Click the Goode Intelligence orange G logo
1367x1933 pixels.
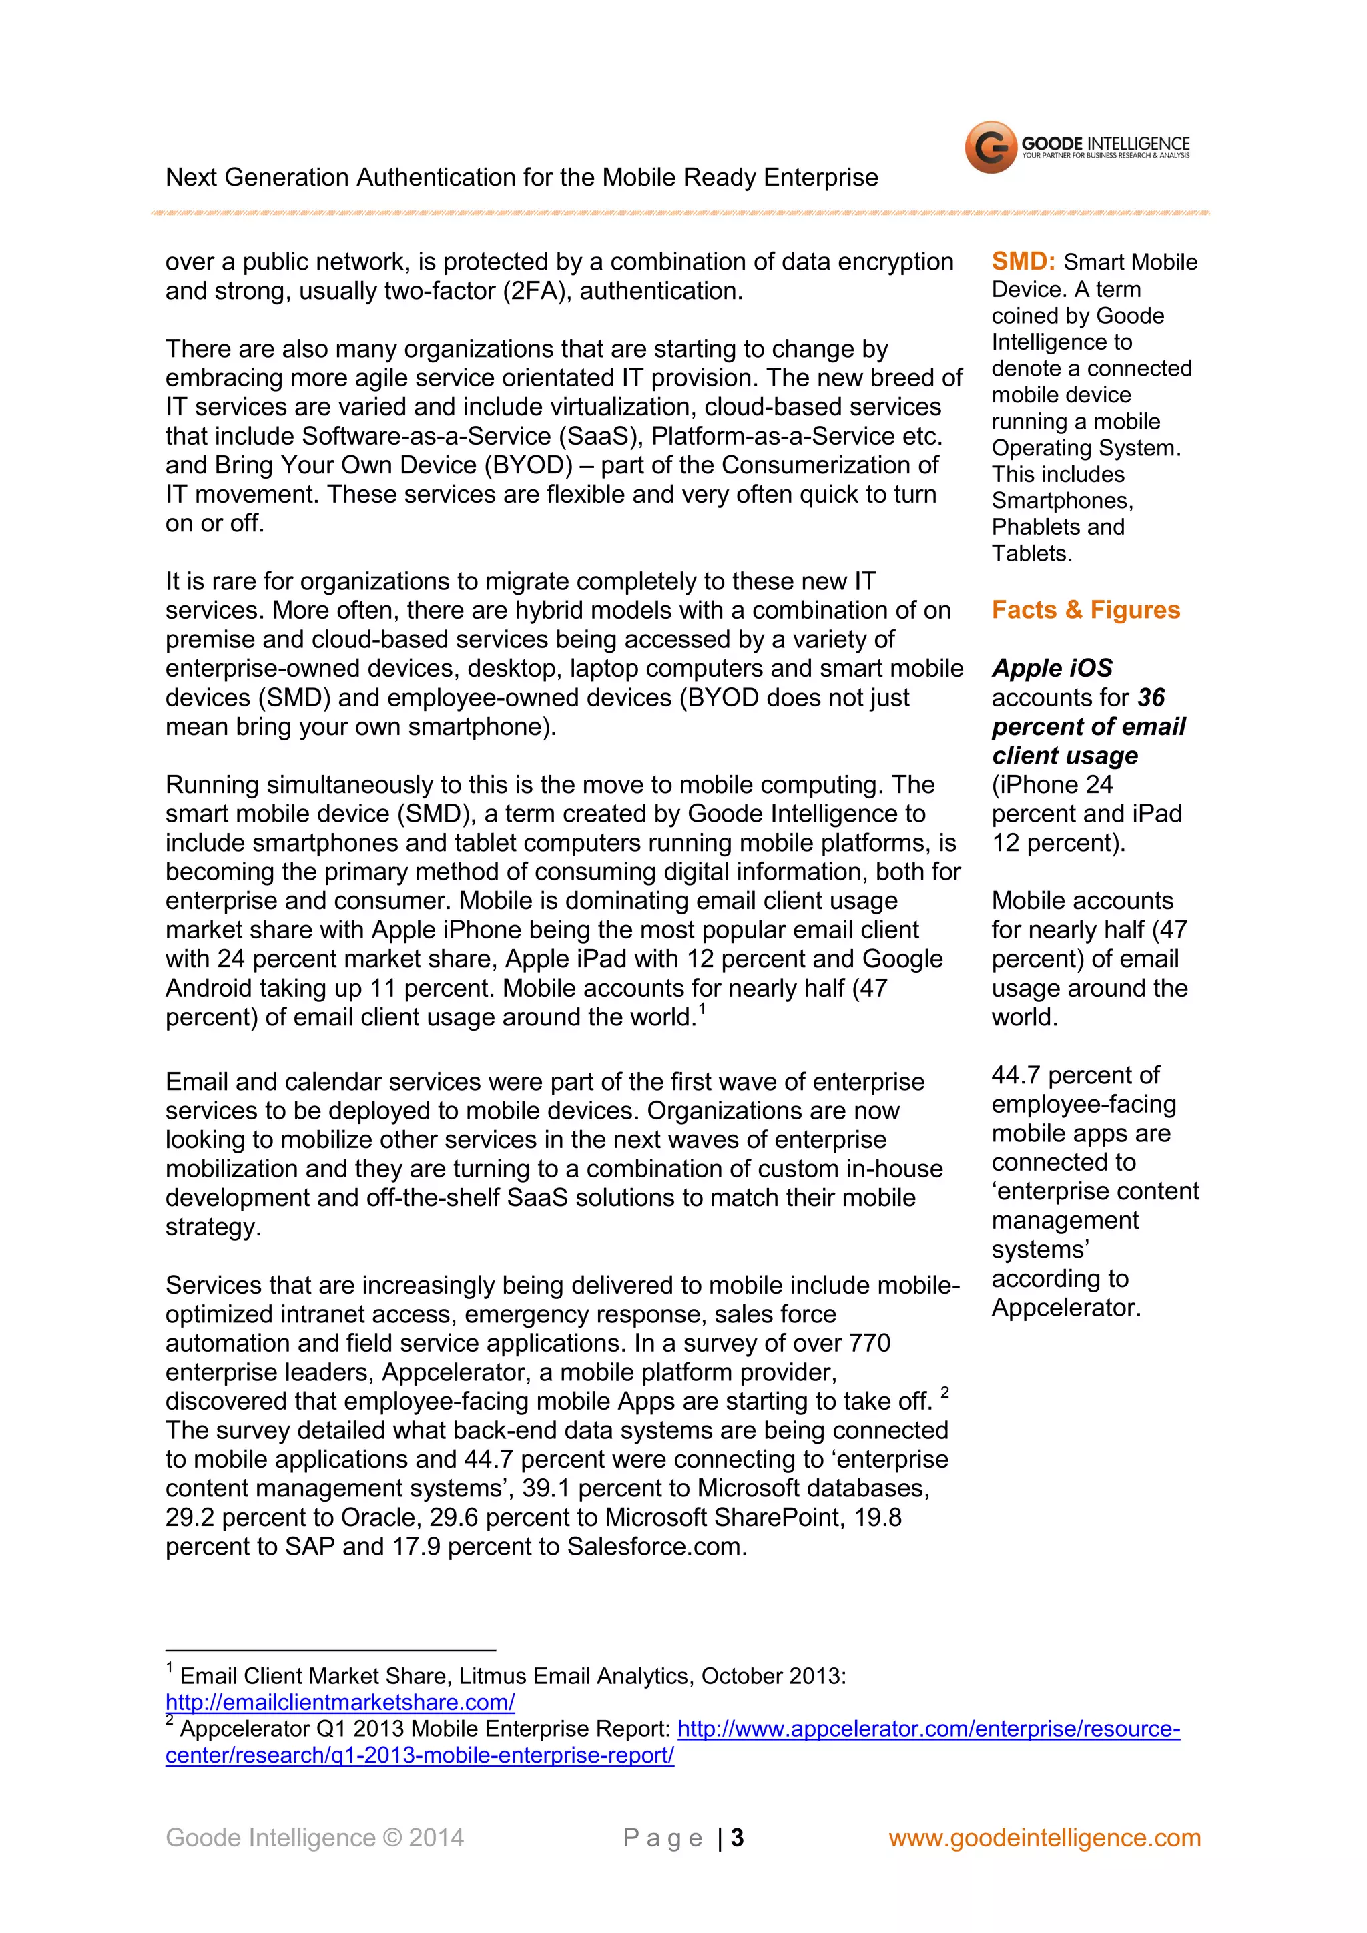click(990, 148)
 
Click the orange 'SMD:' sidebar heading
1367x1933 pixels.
click(1023, 262)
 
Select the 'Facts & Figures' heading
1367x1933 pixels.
click(1085, 609)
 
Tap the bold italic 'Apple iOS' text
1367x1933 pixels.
click(1051, 668)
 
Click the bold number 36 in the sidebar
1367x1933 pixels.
click(1151, 698)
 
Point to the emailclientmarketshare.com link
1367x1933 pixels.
click(340, 1702)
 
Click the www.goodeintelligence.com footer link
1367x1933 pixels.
click(1045, 1838)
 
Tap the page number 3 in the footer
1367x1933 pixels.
click(738, 1838)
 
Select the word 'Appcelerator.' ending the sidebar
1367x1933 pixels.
click(1066, 1308)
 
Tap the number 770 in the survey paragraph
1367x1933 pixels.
click(870, 1344)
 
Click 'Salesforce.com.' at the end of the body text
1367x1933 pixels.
click(657, 1547)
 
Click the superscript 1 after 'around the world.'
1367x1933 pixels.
click(702, 1009)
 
